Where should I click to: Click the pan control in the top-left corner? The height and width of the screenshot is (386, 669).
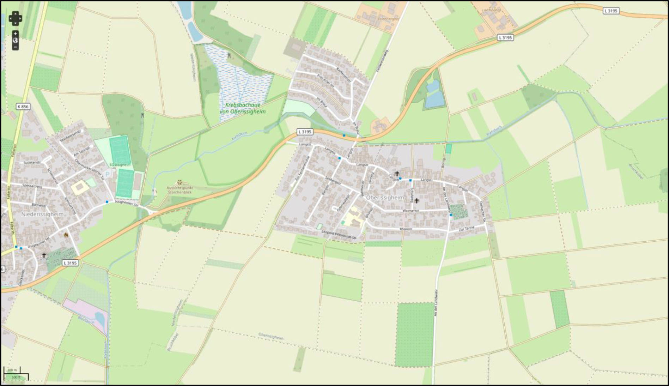(15, 18)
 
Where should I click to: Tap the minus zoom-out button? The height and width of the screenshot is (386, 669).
(15, 47)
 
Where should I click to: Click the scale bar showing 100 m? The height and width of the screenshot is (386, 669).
(12, 370)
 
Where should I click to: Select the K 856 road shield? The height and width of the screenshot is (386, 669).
(23, 106)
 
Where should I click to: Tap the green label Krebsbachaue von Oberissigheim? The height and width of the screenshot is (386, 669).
(243, 108)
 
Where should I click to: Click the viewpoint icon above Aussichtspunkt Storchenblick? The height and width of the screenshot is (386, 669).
(180, 182)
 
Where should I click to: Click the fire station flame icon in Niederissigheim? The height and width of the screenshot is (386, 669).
(66, 234)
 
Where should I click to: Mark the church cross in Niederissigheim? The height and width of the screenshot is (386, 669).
(44, 255)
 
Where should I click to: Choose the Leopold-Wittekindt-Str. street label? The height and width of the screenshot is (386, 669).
(339, 235)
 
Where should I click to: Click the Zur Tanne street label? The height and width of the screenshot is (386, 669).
(467, 229)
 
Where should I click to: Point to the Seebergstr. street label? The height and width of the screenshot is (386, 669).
(333, 180)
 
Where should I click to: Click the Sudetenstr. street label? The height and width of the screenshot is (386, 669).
(32, 163)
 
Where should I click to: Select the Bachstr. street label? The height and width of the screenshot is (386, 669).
(39, 205)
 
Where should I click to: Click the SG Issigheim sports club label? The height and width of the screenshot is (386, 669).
(120, 165)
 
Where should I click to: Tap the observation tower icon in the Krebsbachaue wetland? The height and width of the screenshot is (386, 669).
(230, 55)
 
